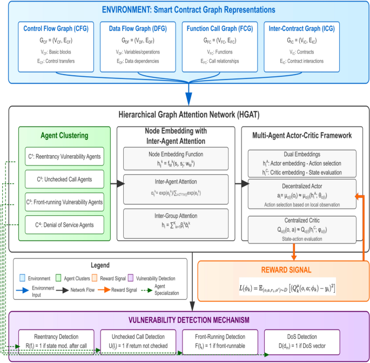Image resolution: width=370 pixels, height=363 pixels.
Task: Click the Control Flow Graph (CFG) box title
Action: coord(56,29)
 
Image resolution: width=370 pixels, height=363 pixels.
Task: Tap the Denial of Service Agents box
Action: coord(64,223)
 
